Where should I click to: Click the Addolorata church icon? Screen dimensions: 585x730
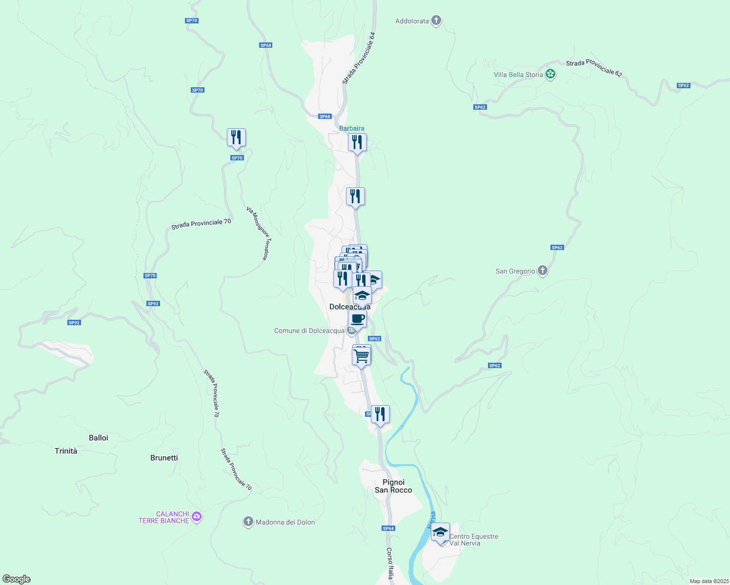pyautogui.click(x=436, y=20)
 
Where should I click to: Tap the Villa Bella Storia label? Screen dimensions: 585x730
pyautogui.click(x=518, y=75)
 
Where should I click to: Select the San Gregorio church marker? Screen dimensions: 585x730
pyautogui.click(x=542, y=271)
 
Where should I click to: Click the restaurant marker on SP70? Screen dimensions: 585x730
pyautogui.click(x=236, y=138)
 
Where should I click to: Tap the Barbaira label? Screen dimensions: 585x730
pyautogui.click(x=351, y=128)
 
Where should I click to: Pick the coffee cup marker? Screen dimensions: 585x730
pyautogui.click(x=357, y=320)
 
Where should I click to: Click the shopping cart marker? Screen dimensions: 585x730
pyautogui.click(x=362, y=356)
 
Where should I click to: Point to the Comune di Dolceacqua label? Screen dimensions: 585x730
pyautogui.click(x=309, y=331)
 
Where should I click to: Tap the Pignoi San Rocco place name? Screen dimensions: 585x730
pyautogui.click(x=393, y=486)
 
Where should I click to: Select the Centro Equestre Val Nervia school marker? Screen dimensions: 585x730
pyautogui.click(x=440, y=532)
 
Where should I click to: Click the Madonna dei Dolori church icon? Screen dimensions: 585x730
pyautogui.click(x=248, y=522)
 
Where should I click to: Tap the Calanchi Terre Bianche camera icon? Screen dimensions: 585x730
pyautogui.click(x=197, y=517)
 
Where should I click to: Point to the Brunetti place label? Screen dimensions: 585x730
pyautogui.click(x=164, y=458)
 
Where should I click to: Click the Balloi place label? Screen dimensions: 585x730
pyautogui.click(x=99, y=438)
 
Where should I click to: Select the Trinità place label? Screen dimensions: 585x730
pyautogui.click(x=66, y=451)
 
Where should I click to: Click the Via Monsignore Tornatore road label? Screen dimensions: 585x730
pyautogui.click(x=258, y=234)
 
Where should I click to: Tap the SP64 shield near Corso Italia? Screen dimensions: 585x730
pyautogui.click(x=388, y=528)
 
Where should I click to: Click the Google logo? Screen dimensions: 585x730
pyautogui.click(x=17, y=579)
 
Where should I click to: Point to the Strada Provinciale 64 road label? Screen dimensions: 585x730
pyautogui.click(x=359, y=58)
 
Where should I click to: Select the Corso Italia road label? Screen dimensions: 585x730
pyautogui.click(x=390, y=564)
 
